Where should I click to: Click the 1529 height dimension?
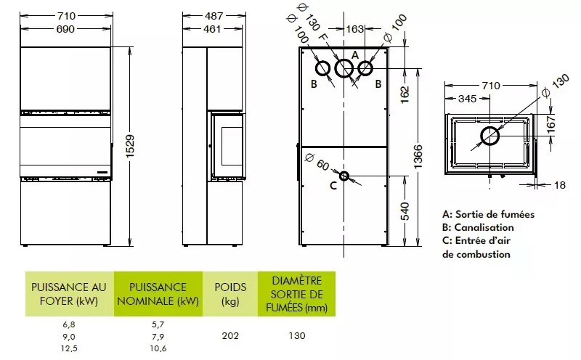pyautogui.click(x=130, y=147)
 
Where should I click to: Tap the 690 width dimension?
pyautogui.click(x=65, y=29)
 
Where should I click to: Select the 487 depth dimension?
pyautogui.click(x=214, y=16)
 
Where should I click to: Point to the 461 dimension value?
pyautogui.click(x=212, y=29)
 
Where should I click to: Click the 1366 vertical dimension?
pyautogui.click(x=418, y=157)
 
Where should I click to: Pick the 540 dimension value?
pyautogui.click(x=405, y=211)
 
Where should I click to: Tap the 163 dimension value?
pyautogui.click(x=354, y=29)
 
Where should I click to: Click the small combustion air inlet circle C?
pyautogui.click(x=344, y=176)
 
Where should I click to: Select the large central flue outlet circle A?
pyautogui.click(x=344, y=68)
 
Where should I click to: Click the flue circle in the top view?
pyautogui.click(x=489, y=136)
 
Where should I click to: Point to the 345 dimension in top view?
pyautogui.click(x=467, y=99)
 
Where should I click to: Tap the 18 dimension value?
pyautogui.click(x=560, y=185)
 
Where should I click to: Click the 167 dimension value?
pyautogui.click(x=551, y=123)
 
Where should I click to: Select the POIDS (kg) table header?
pyautogui.click(x=230, y=294)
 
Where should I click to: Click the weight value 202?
pyautogui.click(x=230, y=336)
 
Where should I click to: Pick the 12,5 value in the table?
pyautogui.click(x=69, y=348)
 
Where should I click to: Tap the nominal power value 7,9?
pyautogui.click(x=158, y=337)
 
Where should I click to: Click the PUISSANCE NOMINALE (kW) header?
pyautogui.click(x=158, y=294)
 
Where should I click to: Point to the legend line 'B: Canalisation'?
pyautogui.click(x=478, y=227)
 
